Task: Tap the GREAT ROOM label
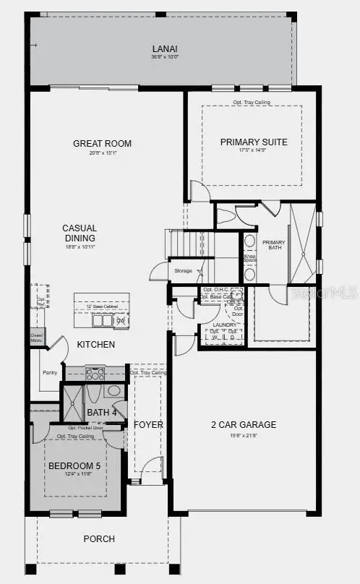point(102,143)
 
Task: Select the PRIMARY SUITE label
point(254,142)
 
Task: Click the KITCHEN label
point(95,345)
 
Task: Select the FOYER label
point(148,424)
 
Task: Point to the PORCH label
point(99,538)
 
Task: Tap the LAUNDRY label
point(224,325)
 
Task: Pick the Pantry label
point(49,373)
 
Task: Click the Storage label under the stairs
point(184,270)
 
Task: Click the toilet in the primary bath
point(226,215)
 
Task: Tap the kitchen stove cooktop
point(95,374)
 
